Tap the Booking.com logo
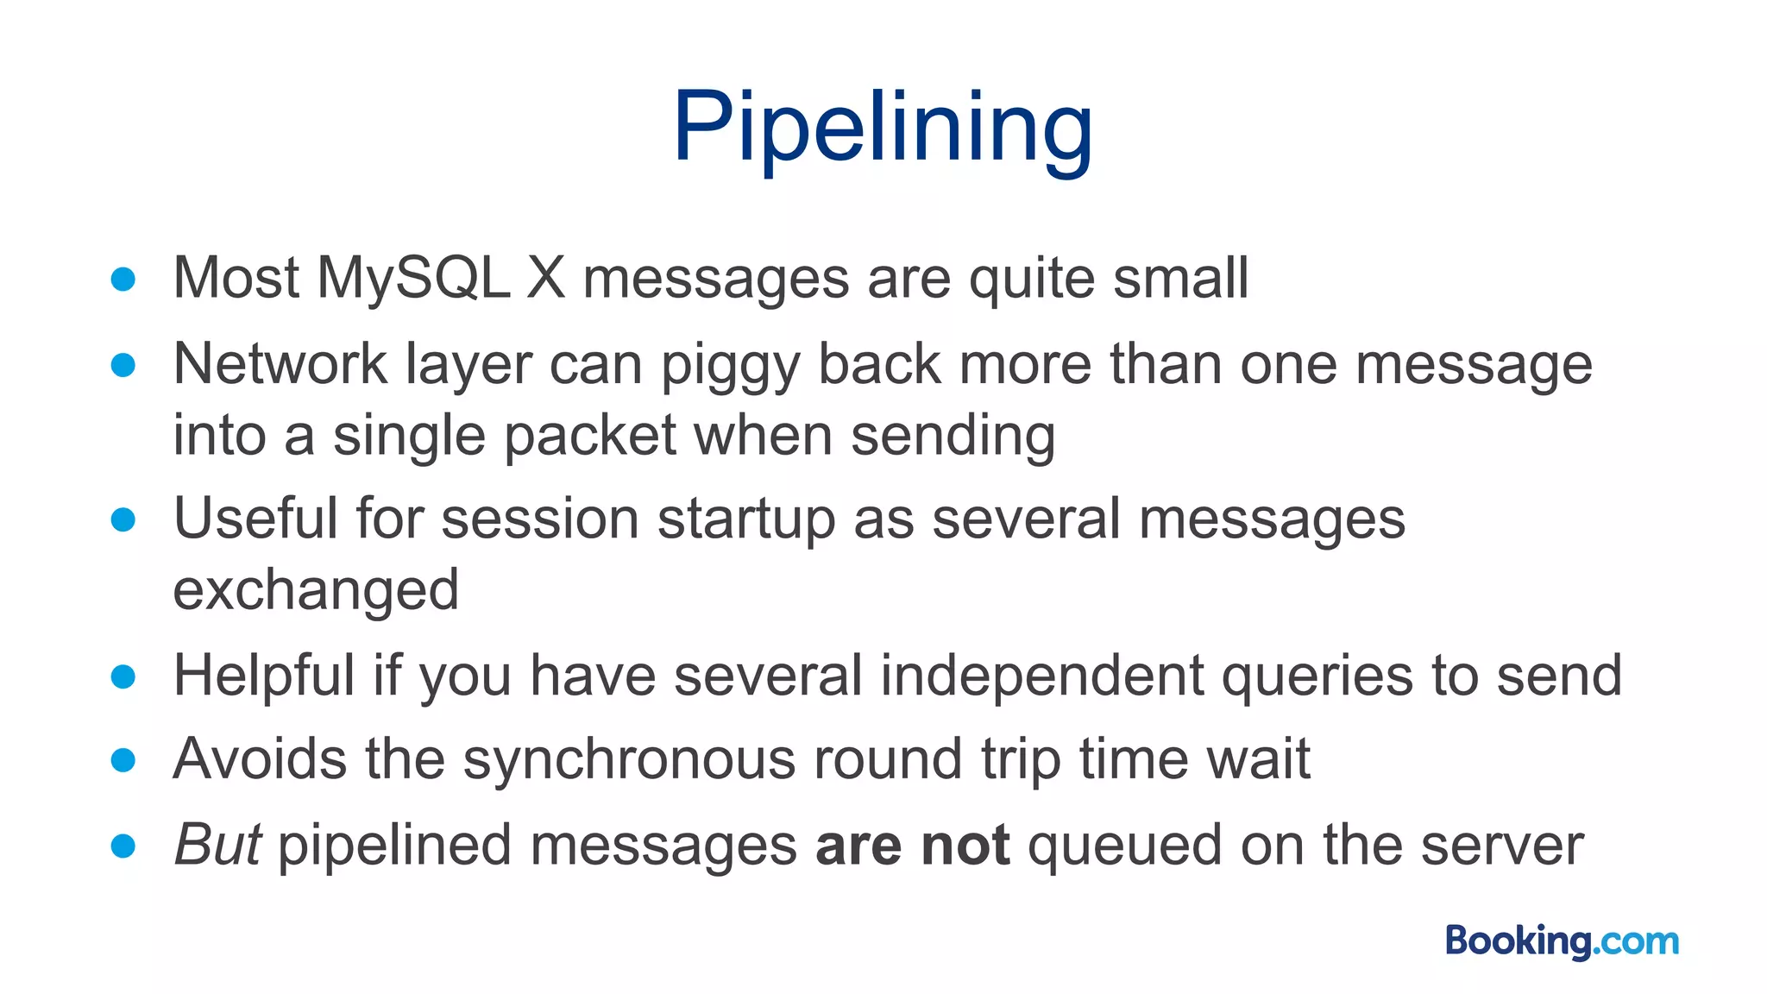(1562, 941)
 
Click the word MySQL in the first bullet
(413, 278)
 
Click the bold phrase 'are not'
(912, 845)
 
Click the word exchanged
(316, 590)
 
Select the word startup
(745, 519)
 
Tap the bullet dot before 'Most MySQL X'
(123, 279)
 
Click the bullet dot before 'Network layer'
(123, 365)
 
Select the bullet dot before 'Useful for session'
(123, 519)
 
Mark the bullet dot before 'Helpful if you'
(123, 676)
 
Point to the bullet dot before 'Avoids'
(123, 760)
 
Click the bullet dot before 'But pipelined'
(123, 846)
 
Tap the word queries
(1317, 676)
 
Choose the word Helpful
(264, 675)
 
